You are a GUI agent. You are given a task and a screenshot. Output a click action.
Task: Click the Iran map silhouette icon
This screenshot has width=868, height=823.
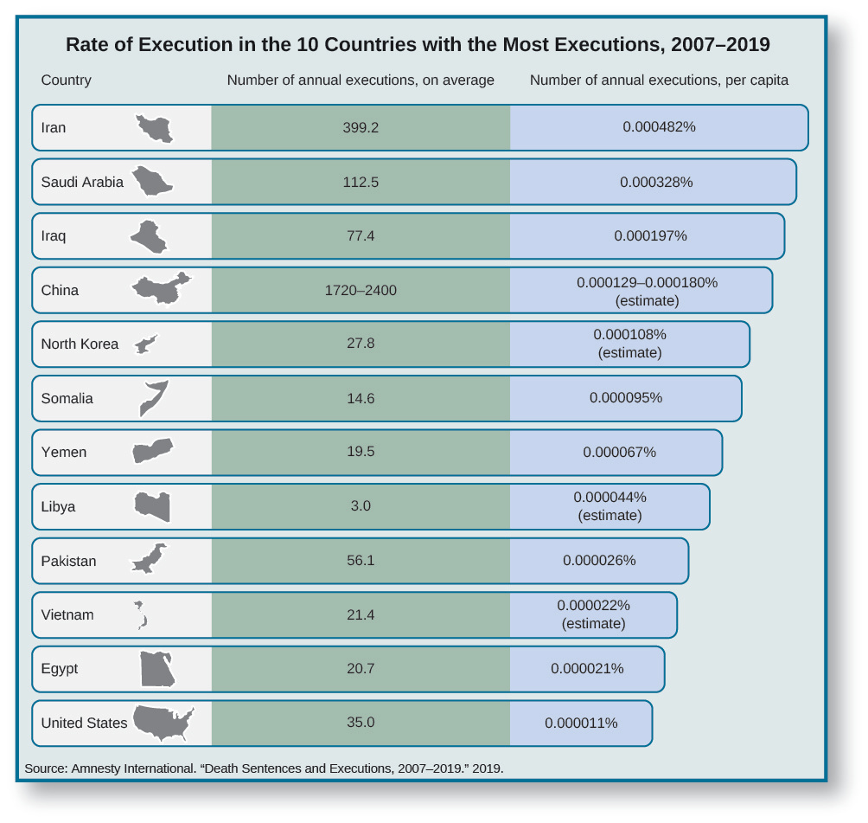155,129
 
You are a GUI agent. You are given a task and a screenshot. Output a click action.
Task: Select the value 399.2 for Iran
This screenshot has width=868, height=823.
361,127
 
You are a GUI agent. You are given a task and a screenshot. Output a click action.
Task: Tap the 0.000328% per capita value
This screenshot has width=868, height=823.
656,182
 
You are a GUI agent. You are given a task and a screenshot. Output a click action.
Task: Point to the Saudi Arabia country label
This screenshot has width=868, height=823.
82,182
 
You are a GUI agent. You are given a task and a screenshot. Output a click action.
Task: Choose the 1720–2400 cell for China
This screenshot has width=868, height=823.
361,290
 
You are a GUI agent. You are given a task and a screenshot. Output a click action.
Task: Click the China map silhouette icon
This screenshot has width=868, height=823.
160,289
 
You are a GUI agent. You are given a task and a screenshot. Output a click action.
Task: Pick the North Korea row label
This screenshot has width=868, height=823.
80,344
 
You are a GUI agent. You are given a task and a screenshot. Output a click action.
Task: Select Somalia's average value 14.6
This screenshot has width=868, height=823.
361,398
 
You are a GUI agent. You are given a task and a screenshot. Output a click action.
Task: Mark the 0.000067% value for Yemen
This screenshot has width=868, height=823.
619,452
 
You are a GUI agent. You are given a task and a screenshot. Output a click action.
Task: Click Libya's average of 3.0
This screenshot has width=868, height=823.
361,506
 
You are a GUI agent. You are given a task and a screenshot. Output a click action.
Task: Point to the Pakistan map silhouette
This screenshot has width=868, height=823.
150,559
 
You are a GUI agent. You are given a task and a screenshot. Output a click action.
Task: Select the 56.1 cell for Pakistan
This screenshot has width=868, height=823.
361,560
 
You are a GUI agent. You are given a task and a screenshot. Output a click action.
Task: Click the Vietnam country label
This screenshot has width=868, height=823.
67,614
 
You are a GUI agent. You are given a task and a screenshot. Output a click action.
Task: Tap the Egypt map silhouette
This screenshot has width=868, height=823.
157,669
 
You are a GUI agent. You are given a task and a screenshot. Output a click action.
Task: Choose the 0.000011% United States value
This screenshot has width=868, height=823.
581,723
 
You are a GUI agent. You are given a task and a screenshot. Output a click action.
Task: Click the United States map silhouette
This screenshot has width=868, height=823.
163,723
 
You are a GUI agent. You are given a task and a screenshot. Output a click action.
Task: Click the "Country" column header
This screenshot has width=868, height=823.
66,80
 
